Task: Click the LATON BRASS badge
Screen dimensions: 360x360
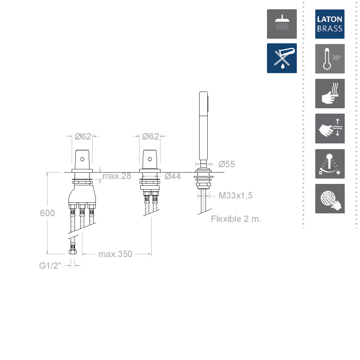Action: tap(330, 24)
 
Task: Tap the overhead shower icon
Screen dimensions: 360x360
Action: tap(282, 24)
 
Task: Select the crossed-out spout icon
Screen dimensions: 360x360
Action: tap(282, 58)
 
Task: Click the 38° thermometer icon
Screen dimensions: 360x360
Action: tap(330, 59)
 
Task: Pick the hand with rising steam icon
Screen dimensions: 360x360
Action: tap(330, 93)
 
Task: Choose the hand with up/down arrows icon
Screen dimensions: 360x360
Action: tap(330, 128)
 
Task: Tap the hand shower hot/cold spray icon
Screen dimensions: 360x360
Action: tap(330, 164)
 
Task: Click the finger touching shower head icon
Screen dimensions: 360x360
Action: tap(330, 198)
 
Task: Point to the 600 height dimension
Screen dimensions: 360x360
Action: tap(47, 213)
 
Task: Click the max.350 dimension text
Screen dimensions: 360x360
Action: tap(115, 254)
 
